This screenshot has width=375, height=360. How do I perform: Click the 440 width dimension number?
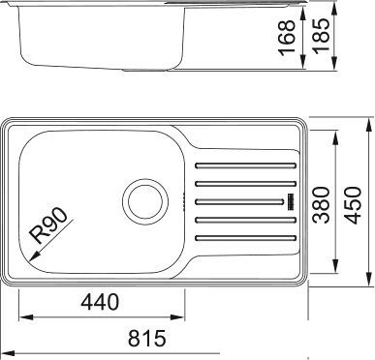(100, 302)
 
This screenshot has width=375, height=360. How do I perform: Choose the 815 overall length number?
(146, 339)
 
